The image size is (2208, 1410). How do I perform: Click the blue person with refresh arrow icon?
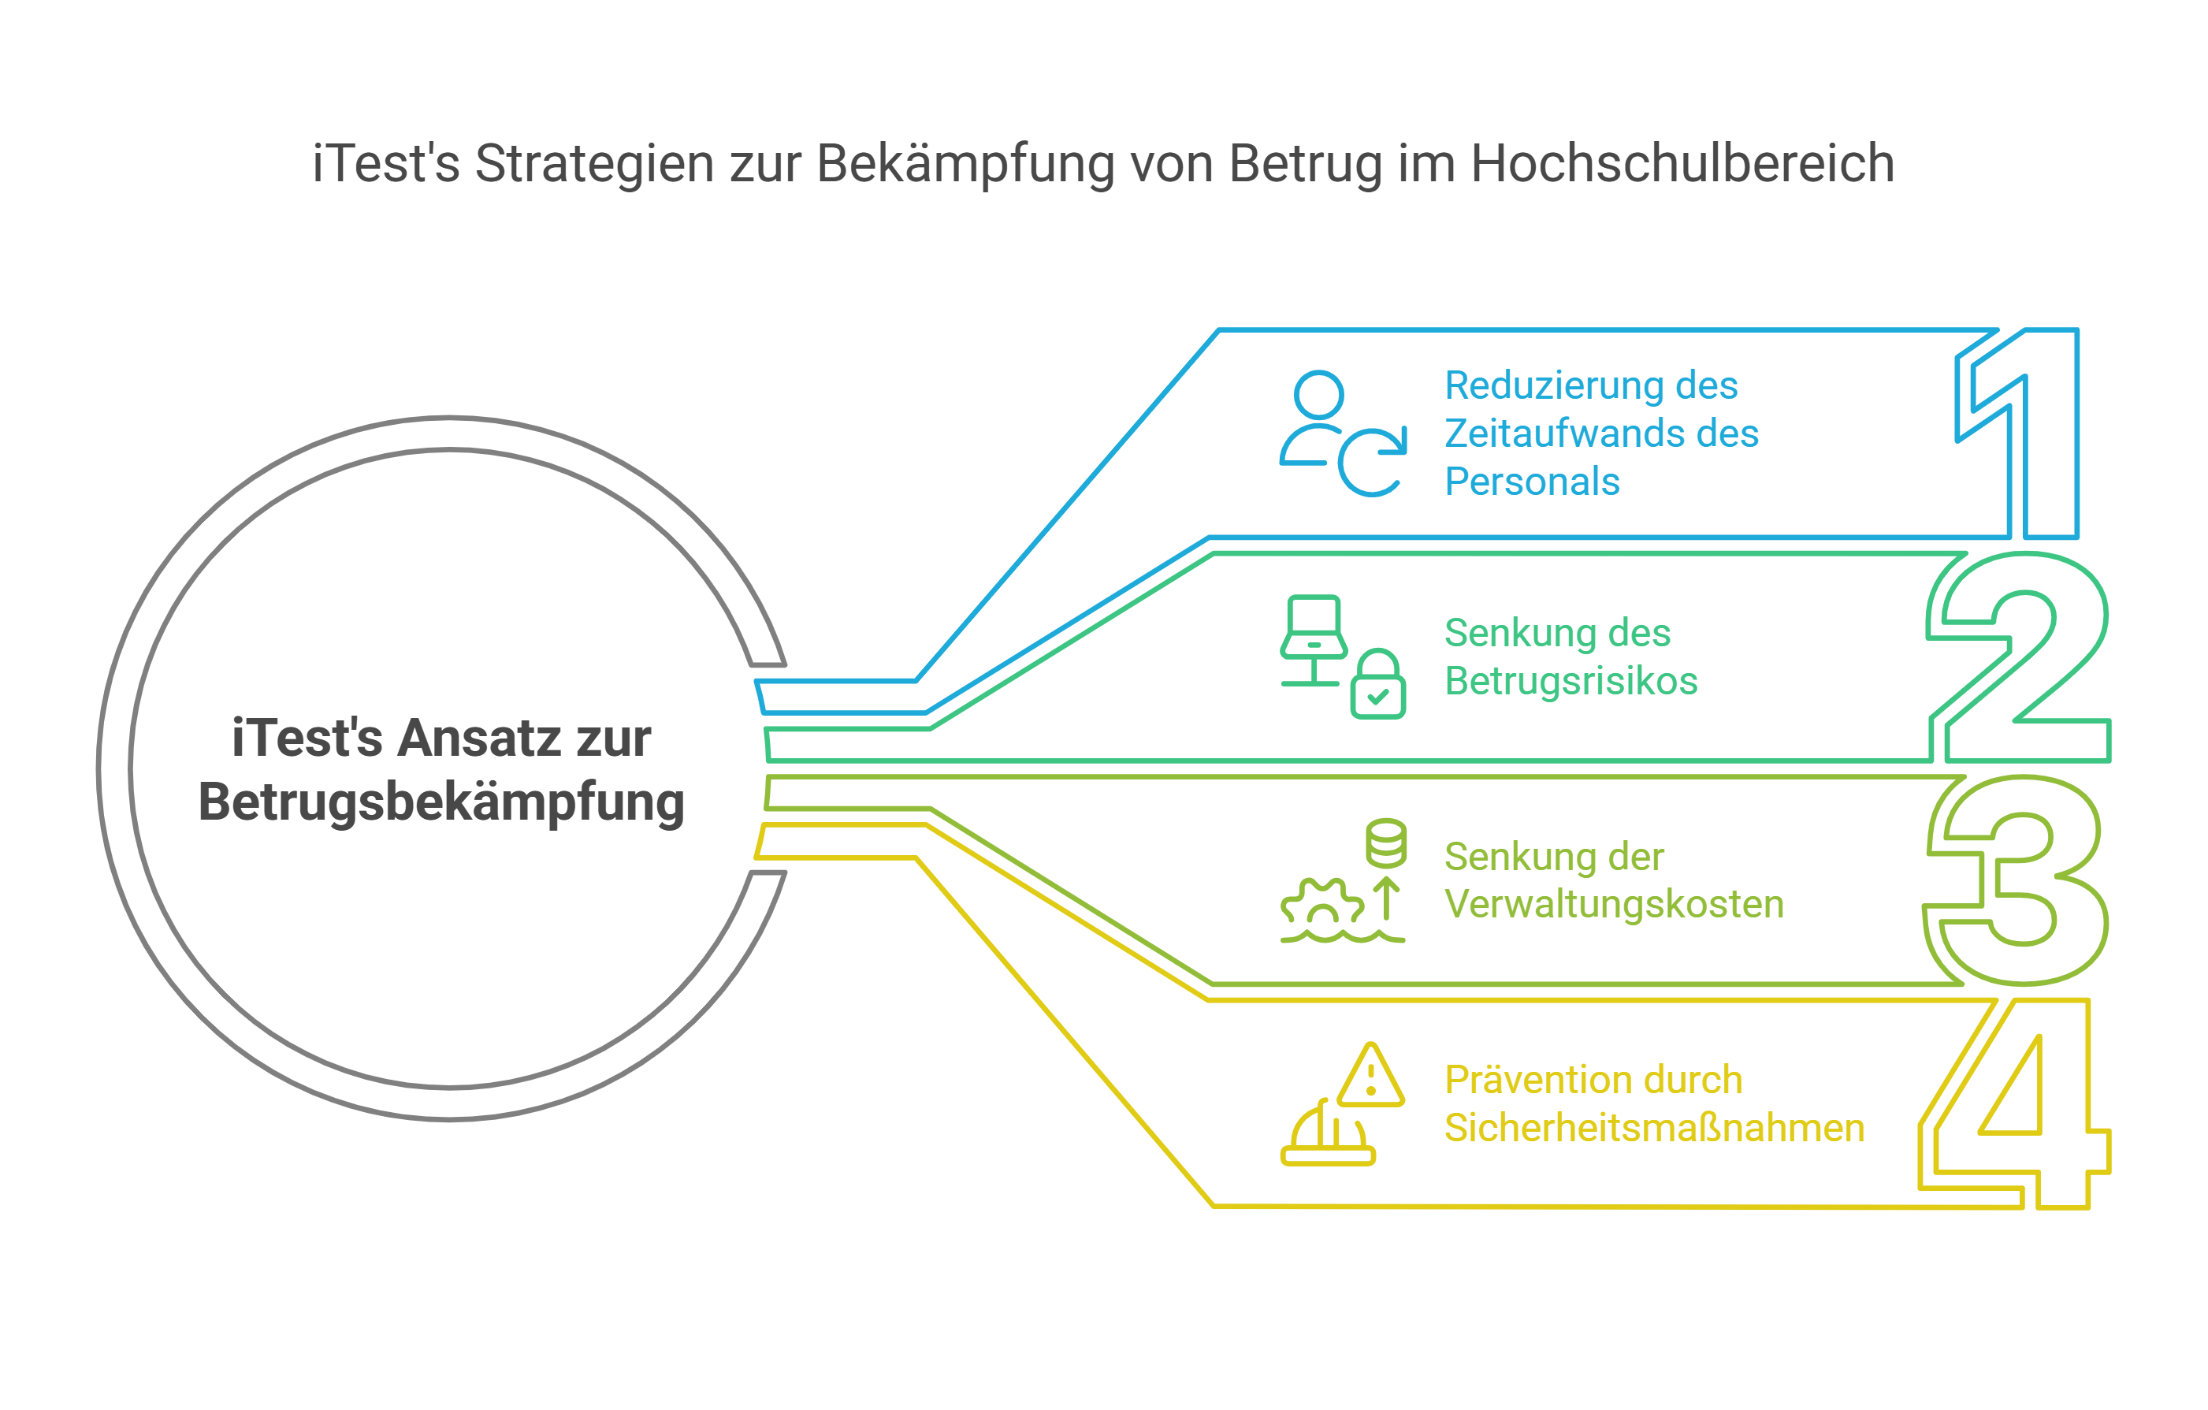1341,433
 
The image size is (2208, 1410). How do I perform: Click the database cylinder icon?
1385,843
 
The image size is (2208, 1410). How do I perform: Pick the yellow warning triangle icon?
1370,1075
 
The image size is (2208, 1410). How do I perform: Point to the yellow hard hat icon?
1327,1134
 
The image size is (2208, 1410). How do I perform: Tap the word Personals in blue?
1531,482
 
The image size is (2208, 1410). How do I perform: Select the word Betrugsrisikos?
1570,682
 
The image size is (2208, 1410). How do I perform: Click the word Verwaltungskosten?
1614,905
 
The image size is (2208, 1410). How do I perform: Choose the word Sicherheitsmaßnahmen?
1653,1129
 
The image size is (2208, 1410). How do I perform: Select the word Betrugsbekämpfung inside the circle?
441,802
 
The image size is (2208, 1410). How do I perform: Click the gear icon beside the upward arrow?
1321,902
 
